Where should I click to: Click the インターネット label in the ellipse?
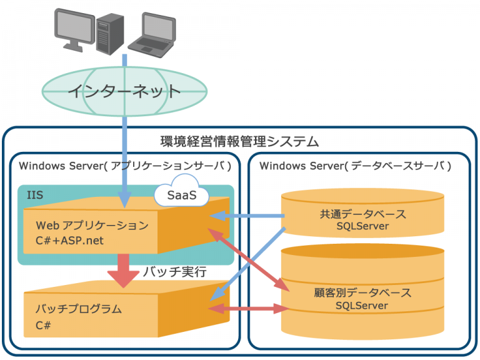pos(124,91)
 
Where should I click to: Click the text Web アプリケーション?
pos(92,225)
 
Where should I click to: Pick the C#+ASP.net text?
pos(69,239)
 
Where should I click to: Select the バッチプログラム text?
pos(78,309)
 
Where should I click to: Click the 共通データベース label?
pos(362,214)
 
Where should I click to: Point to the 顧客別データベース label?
pos(362,292)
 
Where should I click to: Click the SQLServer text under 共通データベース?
pos(362,226)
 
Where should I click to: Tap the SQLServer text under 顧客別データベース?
pos(362,306)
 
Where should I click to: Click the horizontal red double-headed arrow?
pos(244,308)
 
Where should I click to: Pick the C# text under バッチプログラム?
pos(43,325)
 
